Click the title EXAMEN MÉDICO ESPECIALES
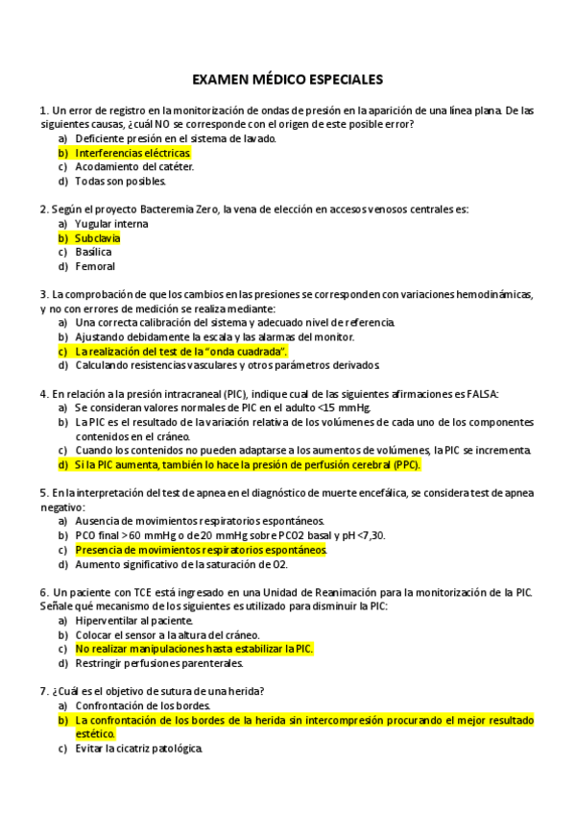point(287,79)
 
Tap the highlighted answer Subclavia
point(97,237)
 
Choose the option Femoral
point(95,266)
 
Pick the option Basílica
point(93,252)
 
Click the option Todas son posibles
point(121,181)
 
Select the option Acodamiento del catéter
point(134,166)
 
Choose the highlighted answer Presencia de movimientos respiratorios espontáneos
point(201,550)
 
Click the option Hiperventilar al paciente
point(133,621)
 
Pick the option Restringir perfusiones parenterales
point(158,663)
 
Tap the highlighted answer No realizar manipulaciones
point(194,649)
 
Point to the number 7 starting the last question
point(43,691)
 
